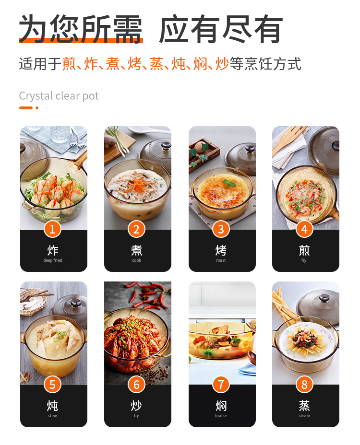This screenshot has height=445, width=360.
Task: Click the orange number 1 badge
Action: coord(53,229)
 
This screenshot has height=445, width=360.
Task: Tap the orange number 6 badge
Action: coord(136,385)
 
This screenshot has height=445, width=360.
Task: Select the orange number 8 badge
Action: coord(304,385)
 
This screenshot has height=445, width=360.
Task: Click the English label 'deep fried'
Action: coord(53,260)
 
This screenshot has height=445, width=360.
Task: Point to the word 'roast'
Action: coord(221,260)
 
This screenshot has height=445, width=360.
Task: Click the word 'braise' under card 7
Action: coord(221,415)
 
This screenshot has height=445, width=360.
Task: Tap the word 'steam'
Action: coord(304,415)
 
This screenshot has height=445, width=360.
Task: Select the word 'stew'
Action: coord(52,415)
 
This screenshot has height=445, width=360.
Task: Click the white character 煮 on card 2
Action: coord(136,250)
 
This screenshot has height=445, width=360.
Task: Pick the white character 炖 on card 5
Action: coord(52,406)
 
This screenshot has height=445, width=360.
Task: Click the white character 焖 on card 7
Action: coord(221,406)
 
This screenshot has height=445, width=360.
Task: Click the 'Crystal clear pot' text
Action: coord(59,96)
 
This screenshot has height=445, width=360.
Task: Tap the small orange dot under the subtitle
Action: coord(37,108)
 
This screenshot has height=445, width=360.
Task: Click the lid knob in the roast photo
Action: coord(250,149)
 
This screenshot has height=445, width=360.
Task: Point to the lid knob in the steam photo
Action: coord(324,298)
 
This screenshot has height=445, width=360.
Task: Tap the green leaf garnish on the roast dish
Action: coord(229,183)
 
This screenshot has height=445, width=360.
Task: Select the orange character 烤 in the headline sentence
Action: coord(135,64)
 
